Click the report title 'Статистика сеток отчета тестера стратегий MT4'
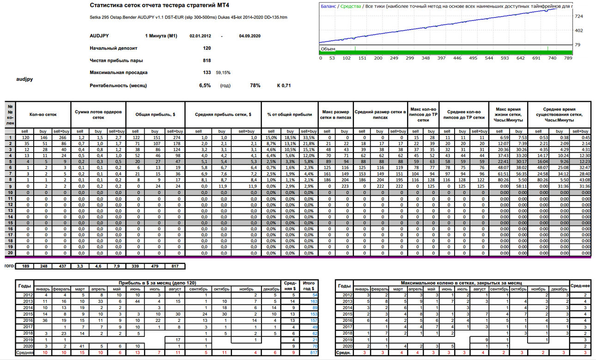click(159, 6)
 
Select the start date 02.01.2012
click(201, 36)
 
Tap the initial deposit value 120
click(207, 48)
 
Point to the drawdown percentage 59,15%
click(223, 73)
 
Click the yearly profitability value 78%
click(255, 85)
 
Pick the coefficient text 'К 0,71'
click(284, 85)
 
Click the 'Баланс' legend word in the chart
click(328, 6)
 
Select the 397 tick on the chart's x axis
click(441, 58)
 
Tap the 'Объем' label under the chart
click(328, 49)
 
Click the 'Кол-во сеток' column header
click(43, 115)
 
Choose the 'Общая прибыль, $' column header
click(155, 115)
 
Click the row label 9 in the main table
click(10, 186)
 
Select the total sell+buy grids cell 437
click(62, 266)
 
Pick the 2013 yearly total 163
click(314, 301)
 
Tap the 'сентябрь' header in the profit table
click(198, 289)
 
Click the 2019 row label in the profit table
click(28, 340)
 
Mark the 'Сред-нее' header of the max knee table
click(580, 286)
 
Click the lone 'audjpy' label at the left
click(24, 79)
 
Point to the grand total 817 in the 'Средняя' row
click(314, 353)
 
